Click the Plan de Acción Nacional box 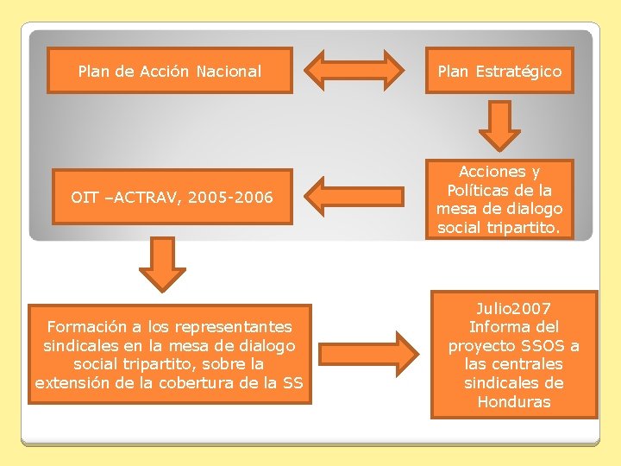(170, 71)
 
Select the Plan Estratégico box (499, 71)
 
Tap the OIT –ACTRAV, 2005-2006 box (172, 198)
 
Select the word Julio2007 (513, 308)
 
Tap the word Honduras (513, 401)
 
